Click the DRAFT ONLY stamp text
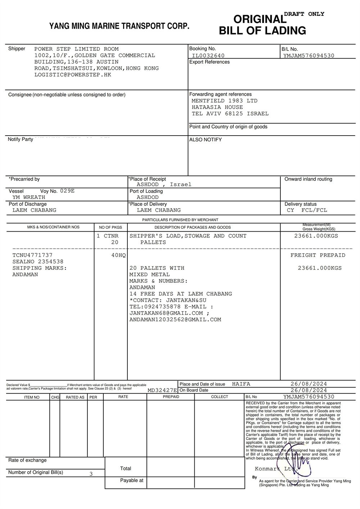tap(304, 14)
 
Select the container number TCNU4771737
tap(32, 255)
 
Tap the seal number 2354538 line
tap(38, 262)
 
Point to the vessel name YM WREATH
tap(29, 197)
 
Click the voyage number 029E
tap(67, 191)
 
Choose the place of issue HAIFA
tap(241, 384)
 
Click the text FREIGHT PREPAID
tap(318, 255)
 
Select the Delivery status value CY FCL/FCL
tap(307, 210)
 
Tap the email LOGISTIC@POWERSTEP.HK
tap(73, 75)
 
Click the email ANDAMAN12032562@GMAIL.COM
tap(175, 320)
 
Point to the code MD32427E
tap(162, 390)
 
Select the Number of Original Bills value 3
tap(91, 474)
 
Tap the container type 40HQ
tap(118, 255)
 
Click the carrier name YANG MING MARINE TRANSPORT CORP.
tap(119, 26)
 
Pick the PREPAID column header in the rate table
tap(171, 397)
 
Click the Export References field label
tap(210, 62)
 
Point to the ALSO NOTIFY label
tap(206, 140)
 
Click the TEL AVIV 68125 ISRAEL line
tap(230, 114)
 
